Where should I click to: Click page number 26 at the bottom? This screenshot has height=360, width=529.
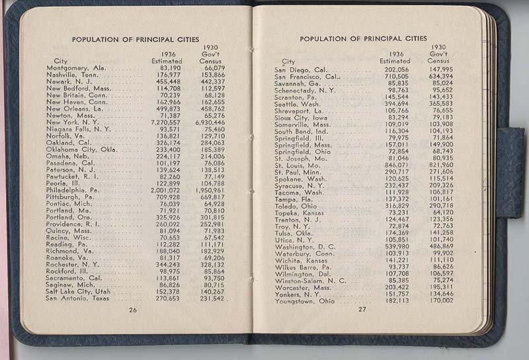(133, 310)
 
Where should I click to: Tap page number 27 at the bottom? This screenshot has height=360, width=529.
(362, 309)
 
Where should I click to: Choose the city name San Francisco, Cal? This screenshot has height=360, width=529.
(306, 77)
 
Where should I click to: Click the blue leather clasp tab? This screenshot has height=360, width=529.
(509, 172)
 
